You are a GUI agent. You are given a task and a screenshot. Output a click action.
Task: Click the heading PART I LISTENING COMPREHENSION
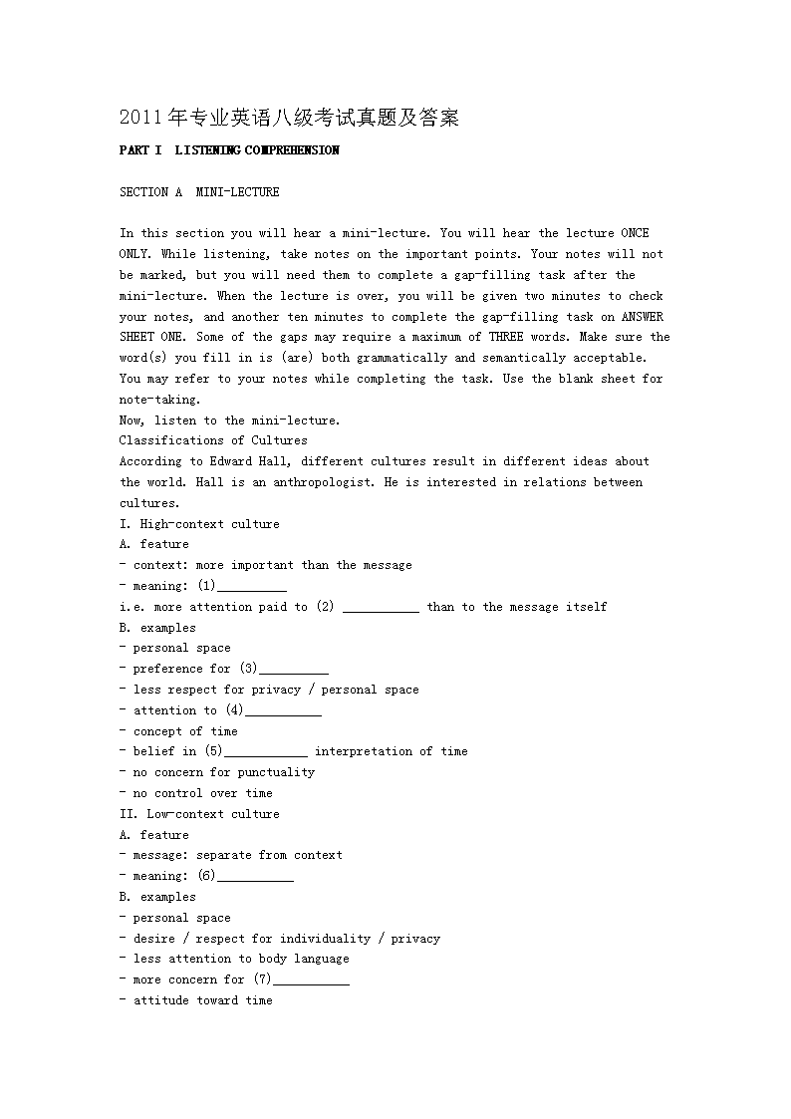[x=229, y=150]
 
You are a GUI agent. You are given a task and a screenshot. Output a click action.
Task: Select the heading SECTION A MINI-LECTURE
[x=199, y=192]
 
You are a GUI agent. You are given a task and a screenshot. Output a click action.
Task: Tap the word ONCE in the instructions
[x=635, y=233]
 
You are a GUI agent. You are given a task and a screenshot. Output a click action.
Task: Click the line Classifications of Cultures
[x=213, y=440]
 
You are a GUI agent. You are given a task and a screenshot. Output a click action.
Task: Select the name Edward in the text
[x=234, y=461]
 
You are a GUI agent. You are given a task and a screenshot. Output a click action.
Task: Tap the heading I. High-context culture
[x=199, y=524]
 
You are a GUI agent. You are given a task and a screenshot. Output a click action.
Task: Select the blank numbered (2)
[x=381, y=608]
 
